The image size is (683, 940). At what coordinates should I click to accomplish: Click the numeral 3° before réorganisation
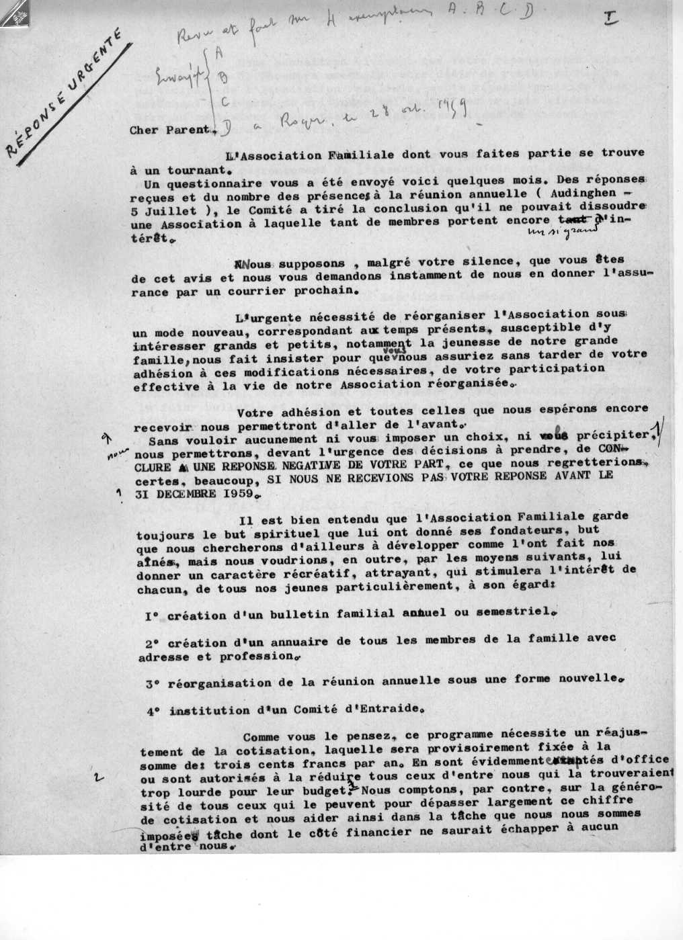coord(152,682)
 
